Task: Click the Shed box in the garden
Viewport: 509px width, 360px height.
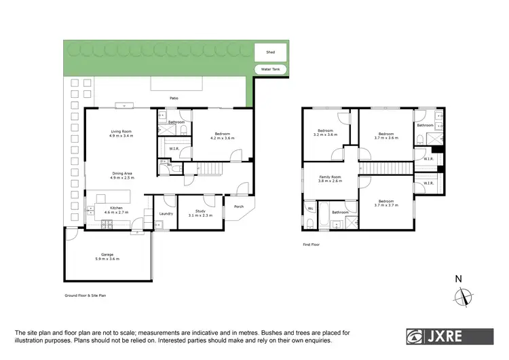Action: (271, 52)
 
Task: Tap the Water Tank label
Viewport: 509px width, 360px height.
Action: (271, 70)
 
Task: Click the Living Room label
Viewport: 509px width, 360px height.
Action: (121, 134)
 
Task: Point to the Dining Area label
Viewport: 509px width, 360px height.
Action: (121, 175)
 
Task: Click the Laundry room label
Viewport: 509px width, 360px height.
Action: (166, 214)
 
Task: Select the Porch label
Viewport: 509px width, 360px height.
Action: (238, 206)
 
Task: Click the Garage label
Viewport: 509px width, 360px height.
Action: (107, 257)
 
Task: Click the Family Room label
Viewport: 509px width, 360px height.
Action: (331, 179)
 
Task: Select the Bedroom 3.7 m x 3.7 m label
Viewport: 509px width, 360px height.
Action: (385, 204)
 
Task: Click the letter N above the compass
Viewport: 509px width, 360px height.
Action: (458, 278)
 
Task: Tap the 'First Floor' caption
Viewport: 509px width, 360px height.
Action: (312, 244)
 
